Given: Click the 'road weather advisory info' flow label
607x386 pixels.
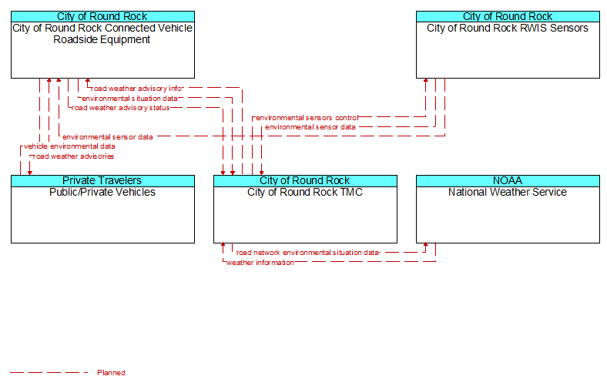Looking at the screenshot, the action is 136,89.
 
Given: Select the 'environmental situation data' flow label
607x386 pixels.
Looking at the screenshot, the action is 129,99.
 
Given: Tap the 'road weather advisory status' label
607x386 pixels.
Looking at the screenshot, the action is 120,108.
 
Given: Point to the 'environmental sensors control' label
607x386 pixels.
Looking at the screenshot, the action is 307,118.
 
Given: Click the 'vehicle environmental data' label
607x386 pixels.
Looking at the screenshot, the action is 69,146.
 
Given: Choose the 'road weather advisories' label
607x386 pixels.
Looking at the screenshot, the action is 73,156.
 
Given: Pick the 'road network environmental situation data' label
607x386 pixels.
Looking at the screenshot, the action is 308,253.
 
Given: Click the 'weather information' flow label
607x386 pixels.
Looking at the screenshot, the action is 260,263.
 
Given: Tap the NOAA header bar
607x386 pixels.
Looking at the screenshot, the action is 508,181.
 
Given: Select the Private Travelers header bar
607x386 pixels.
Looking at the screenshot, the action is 102,181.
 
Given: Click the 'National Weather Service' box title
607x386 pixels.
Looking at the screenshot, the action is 508,192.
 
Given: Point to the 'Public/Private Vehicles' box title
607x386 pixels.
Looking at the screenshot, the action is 102,192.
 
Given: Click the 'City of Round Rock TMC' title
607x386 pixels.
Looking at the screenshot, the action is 305,192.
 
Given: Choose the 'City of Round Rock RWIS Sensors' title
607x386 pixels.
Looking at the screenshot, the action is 508,28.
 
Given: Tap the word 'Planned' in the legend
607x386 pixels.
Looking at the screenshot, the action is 111,372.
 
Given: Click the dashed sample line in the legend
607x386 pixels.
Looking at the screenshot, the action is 49,372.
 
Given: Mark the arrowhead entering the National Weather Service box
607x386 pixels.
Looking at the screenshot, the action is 426,245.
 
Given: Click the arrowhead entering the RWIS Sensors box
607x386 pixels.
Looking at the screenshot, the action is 426,81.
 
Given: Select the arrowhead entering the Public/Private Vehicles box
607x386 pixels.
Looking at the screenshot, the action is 30,173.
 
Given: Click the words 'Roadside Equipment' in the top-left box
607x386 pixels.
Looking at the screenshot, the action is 102,39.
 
